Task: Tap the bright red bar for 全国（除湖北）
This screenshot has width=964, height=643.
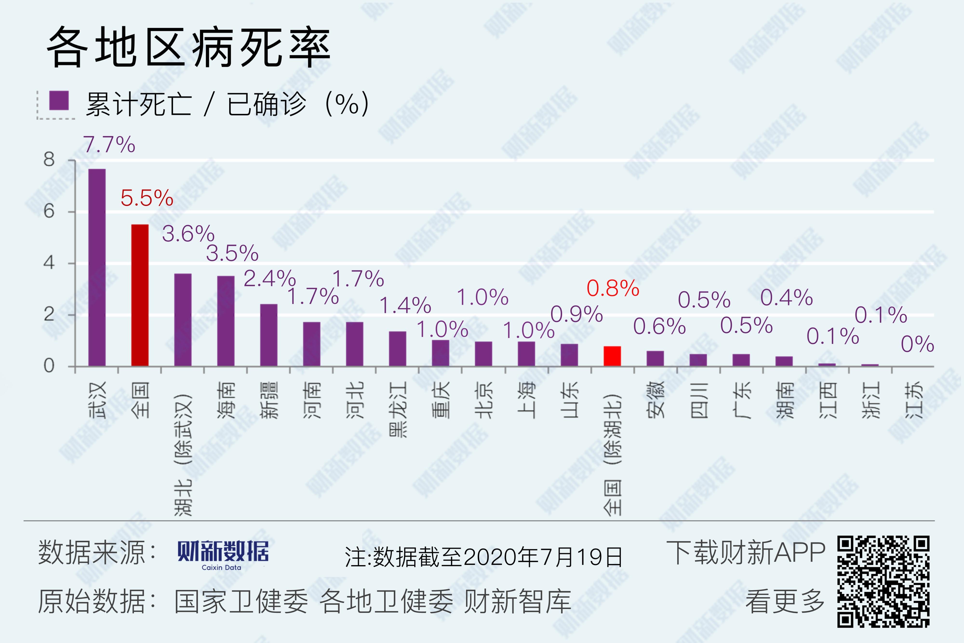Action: [x=612, y=356]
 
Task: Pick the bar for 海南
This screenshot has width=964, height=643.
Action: [x=226, y=321]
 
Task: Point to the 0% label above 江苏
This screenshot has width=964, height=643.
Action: [x=917, y=344]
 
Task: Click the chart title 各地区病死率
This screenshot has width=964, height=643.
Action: [x=188, y=47]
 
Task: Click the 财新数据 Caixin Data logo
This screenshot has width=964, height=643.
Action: [x=223, y=554]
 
